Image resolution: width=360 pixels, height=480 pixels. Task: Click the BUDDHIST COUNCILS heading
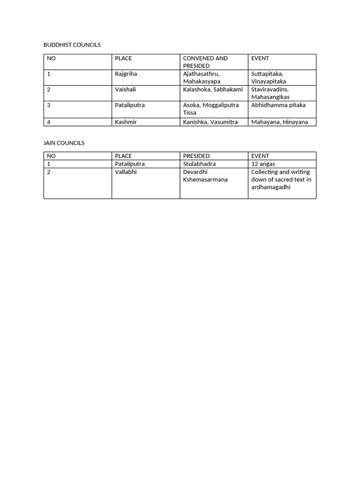[72, 45]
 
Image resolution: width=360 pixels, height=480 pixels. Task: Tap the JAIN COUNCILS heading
[64, 142]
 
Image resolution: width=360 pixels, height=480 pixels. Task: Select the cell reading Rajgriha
[126, 74]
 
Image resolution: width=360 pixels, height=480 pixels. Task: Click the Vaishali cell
[126, 90]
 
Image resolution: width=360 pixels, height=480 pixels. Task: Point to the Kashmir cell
[126, 122]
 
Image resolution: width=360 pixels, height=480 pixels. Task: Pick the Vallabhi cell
[126, 172]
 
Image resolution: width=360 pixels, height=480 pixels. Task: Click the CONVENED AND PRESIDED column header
[205, 62]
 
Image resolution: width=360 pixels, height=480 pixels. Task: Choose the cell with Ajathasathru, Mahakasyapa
[202, 78]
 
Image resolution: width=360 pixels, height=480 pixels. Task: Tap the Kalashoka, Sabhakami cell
[213, 90]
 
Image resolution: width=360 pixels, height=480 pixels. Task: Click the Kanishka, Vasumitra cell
[210, 122]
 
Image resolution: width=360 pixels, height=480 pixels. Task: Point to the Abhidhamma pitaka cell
[278, 105]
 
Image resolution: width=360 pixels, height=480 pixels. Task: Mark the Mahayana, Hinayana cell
[279, 122]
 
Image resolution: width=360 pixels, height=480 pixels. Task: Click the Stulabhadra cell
[199, 164]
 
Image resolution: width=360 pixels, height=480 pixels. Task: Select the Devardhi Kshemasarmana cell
[205, 176]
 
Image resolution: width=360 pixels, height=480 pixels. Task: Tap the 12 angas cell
[263, 164]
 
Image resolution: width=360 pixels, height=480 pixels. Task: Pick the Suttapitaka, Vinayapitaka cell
[269, 78]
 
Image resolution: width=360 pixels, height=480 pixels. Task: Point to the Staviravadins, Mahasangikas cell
[270, 93]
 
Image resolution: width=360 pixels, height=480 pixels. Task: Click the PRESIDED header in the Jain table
[196, 156]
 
